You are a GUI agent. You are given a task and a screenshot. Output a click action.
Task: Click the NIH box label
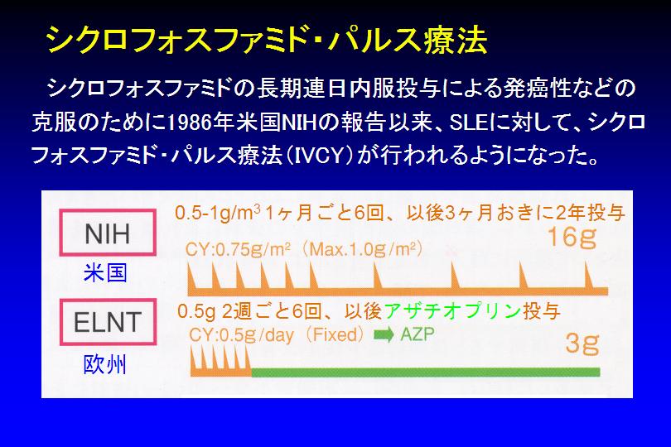point(108,233)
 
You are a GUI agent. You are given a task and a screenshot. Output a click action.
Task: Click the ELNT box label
point(108,322)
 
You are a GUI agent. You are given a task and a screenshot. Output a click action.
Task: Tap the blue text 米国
point(105,273)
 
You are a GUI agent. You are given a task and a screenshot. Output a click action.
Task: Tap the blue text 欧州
point(105,365)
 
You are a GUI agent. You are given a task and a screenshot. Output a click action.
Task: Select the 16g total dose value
point(572,238)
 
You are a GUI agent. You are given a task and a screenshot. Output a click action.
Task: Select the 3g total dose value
point(582,343)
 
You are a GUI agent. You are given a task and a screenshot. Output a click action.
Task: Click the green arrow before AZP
point(384,335)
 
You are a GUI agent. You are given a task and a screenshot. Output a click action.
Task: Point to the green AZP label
point(418,334)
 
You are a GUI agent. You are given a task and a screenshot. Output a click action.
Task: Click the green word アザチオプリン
point(452,311)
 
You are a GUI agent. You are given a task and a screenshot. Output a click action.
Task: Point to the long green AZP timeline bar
point(426,372)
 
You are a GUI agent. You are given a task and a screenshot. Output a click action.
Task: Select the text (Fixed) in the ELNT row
point(335,334)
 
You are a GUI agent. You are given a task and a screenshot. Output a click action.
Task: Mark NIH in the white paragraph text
point(299,123)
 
